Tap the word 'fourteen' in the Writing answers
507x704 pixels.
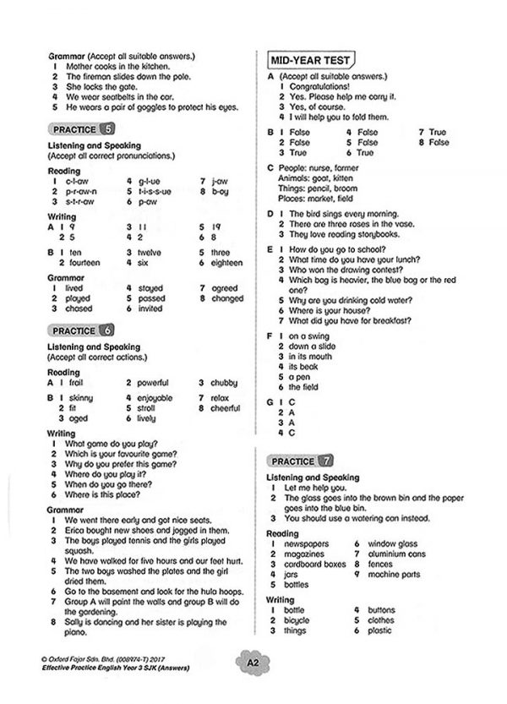click(x=84, y=263)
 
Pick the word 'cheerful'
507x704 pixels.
click(x=226, y=408)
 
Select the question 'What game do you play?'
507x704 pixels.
click(x=116, y=444)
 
